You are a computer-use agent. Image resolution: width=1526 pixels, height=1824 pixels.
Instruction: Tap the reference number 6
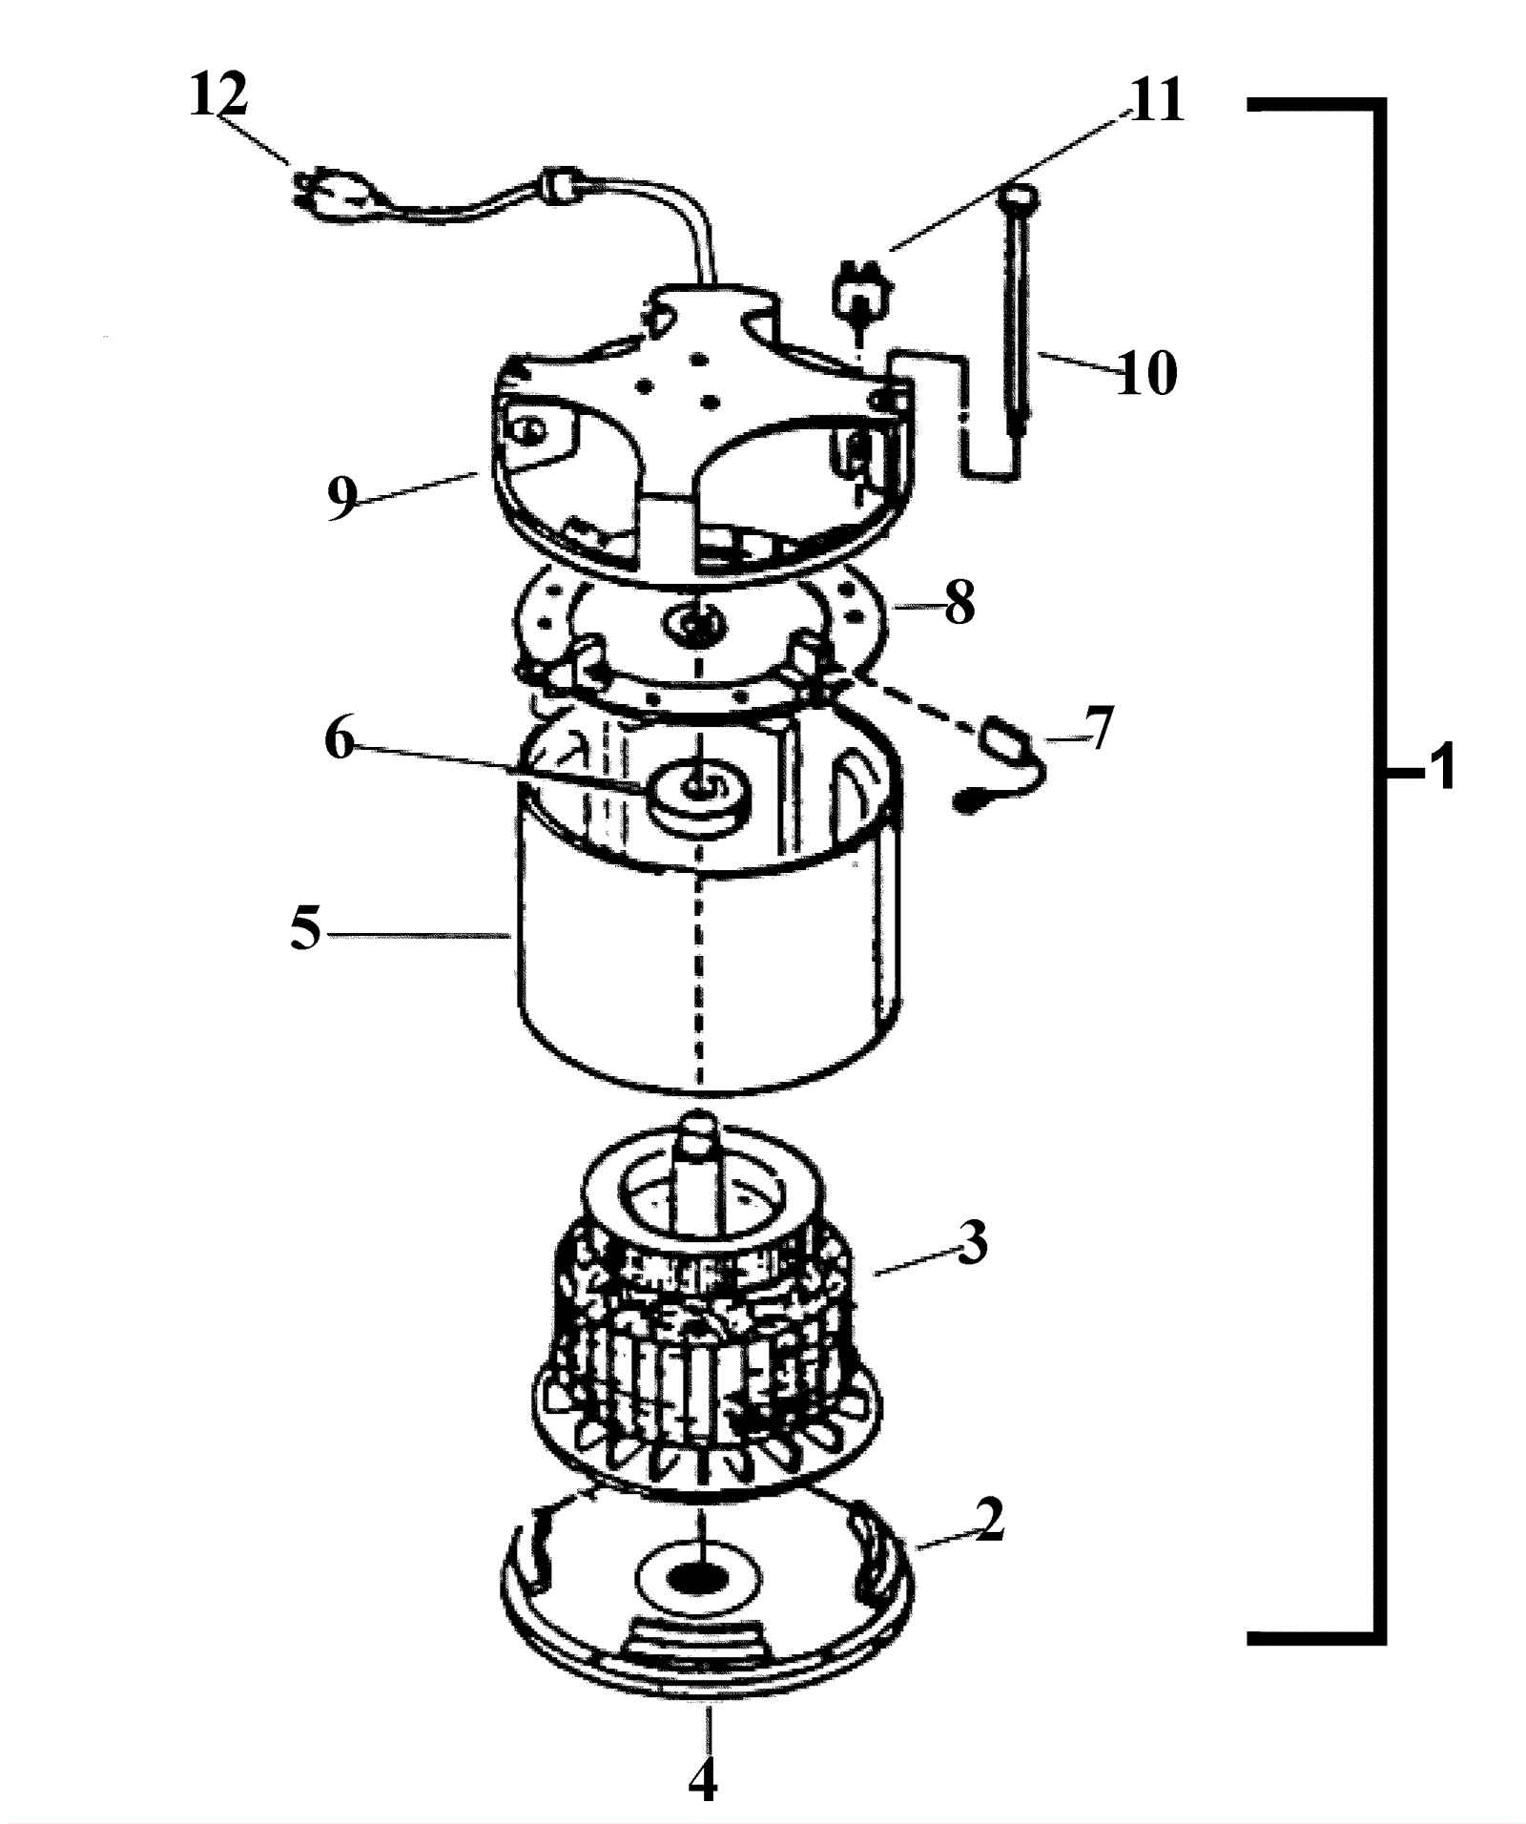(340, 739)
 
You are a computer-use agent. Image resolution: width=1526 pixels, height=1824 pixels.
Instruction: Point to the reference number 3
(972, 1243)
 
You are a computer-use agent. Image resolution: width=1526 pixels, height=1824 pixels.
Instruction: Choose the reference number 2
(989, 1520)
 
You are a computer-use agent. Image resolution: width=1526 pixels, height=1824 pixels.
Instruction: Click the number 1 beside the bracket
(1443, 766)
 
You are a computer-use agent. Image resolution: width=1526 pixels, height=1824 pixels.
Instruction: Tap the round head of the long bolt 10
(1019, 198)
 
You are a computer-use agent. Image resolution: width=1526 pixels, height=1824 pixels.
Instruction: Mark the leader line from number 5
(418, 935)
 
